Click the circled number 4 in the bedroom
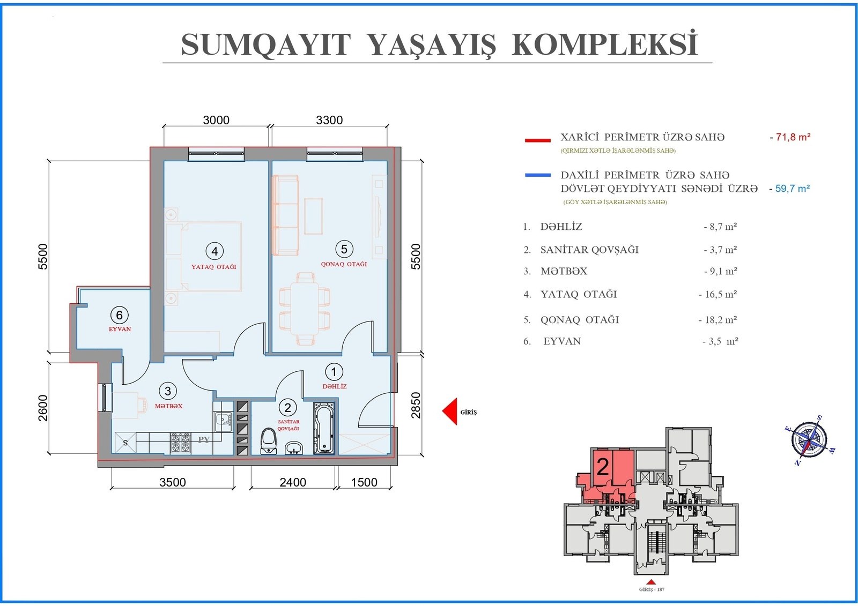(x=214, y=251)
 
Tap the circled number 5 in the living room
(x=344, y=249)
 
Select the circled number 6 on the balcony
(x=119, y=315)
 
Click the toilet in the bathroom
(x=269, y=441)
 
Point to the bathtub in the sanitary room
(x=324, y=428)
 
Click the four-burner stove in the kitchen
(x=180, y=443)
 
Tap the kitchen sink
(x=223, y=422)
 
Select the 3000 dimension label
(x=216, y=120)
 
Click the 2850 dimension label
(x=416, y=405)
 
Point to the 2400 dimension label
(x=293, y=482)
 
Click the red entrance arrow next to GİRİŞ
(x=450, y=411)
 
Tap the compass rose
(x=809, y=440)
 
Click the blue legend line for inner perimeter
(x=538, y=175)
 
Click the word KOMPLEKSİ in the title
(x=605, y=44)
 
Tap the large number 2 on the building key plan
(x=603, y=467)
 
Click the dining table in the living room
(x=305, y=308)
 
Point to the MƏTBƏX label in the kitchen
(x=168, y=406)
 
